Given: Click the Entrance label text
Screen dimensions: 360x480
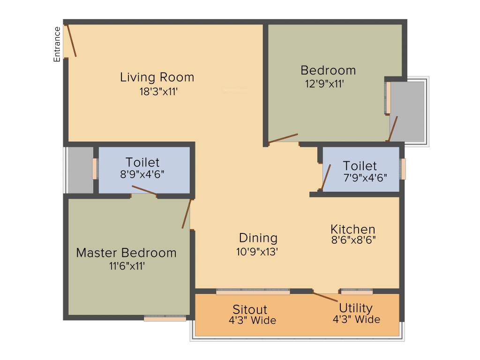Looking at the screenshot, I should [x=57, y=45].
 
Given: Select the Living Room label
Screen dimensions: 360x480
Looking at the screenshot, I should [x=157, y=77].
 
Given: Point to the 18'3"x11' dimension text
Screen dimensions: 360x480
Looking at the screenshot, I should [x=158, y=92].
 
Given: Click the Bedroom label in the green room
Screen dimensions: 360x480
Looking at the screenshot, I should [x=328, y=70].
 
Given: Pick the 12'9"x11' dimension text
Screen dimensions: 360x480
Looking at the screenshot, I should [x=325, y=84].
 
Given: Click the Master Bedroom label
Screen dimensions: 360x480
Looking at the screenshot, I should [x=126, y=253].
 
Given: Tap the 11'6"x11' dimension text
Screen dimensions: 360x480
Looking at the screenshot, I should [x=126, y=266].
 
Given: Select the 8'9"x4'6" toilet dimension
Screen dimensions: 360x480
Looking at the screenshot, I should [x=142, y=174].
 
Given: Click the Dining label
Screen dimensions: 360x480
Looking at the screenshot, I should [x=258, y=238].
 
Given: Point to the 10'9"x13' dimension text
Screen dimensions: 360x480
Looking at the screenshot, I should [x=257, y=252].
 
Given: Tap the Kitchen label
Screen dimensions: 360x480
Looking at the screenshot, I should [x=353, y=229].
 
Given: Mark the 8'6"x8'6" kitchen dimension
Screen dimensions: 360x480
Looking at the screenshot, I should [x=353, y=240].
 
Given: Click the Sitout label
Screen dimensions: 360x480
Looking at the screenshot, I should [x=250, y=310].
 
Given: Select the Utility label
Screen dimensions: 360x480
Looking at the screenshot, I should [x=356, y=308].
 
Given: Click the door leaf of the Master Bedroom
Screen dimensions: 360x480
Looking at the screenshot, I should [x=187, y=214].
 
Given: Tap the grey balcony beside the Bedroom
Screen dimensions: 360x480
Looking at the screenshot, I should [x=407, y=110].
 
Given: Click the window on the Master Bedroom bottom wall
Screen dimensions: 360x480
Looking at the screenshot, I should [x=165, y=318].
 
